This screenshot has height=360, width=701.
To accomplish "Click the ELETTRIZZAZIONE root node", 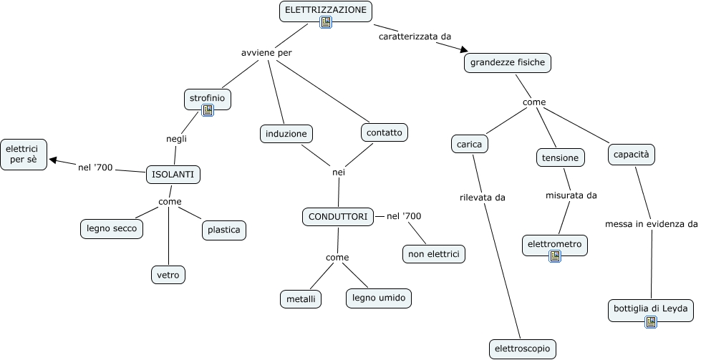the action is pos(326,11).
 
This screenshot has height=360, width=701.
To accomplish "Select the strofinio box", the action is pos(208,99).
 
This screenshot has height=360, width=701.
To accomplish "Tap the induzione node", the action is pos(286,134).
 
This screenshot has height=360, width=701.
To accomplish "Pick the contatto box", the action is pos(384,132).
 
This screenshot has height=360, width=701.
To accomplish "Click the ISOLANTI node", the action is pos(173,175).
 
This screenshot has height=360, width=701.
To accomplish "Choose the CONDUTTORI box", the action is pos(338,217).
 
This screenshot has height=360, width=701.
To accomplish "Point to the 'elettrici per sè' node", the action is pos(23,155).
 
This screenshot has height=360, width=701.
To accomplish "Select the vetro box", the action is pos(168,275).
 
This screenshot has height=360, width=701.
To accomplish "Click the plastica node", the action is pos(224,230).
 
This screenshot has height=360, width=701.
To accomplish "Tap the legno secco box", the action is pos(112,229).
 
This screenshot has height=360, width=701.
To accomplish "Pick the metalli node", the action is pos(301,299).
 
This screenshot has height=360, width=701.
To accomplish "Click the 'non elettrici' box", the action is pos(434,254).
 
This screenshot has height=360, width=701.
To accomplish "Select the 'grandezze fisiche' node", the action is pos(508,63).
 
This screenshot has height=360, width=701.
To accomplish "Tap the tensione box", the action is pos(560,157).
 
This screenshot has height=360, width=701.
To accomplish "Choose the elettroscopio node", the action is pos(522,349).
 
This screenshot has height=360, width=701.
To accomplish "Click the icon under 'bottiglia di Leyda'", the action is pos(651,321).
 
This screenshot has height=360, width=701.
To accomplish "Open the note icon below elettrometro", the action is pos(555,256).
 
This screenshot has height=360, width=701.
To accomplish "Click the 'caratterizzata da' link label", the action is pos(415,37).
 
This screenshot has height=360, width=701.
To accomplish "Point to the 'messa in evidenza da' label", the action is pos(652,224).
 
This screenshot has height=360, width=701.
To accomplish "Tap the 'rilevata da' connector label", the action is pos(483,198).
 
